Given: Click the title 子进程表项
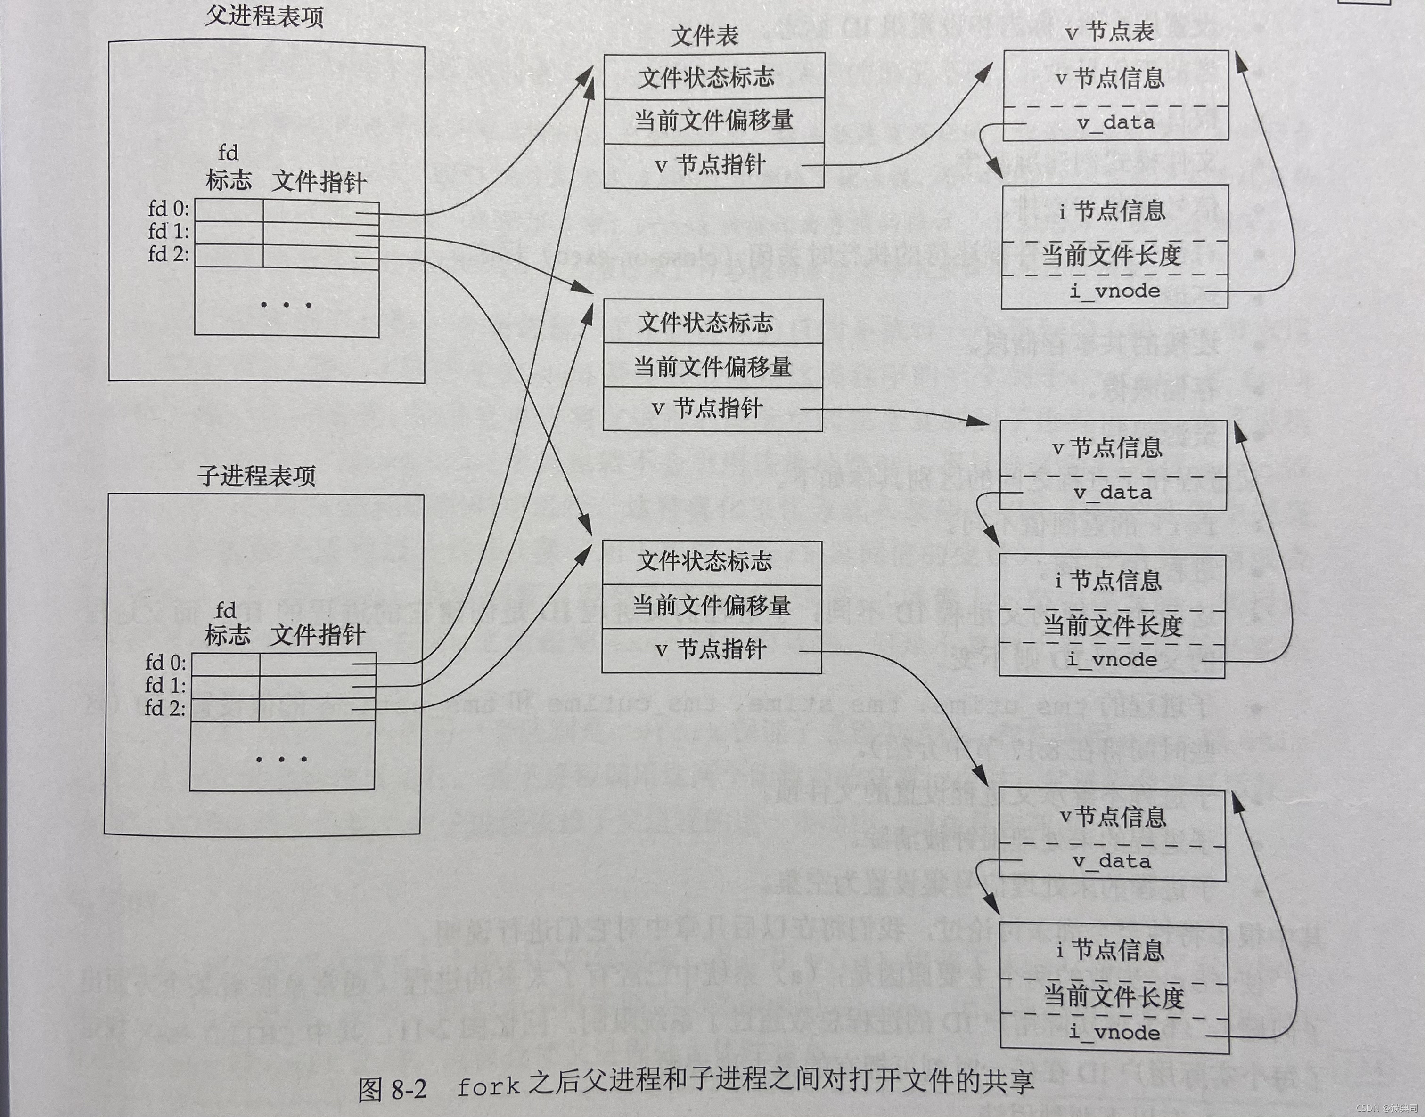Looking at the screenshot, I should click(x=257, y=476).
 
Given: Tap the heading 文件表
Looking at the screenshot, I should click(x=704, y=35).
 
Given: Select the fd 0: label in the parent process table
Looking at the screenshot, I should click(x=169, y=209).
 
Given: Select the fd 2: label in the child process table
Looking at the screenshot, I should click(x=165, y=708).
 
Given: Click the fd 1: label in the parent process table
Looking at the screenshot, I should click(x=169, y=232).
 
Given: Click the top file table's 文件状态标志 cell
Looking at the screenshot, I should click(x=707, y=78).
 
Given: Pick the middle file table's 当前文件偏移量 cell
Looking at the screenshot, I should click(x=712, y=366).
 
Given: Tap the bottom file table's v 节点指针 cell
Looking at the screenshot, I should click(x=711, y=649).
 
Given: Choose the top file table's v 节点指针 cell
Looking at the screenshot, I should click(x=711, y=164).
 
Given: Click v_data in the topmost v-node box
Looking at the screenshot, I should click(x=1115, y=123).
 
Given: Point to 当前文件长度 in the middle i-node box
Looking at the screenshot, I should click(x=1112, y=626).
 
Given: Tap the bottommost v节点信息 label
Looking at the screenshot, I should click(x=1112, y=817).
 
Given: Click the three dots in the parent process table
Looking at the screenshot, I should click(x=286, y=304).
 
